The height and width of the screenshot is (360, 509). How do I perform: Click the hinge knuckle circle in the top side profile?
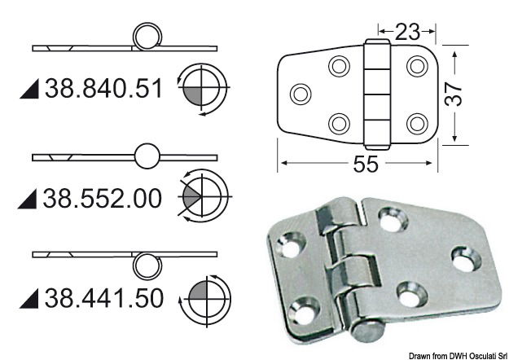[147, 37]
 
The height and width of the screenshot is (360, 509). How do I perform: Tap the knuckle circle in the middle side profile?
[147, 156]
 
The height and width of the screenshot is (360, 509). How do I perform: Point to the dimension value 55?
[366, 165]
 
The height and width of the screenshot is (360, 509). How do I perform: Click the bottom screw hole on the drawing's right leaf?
[417, 122]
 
